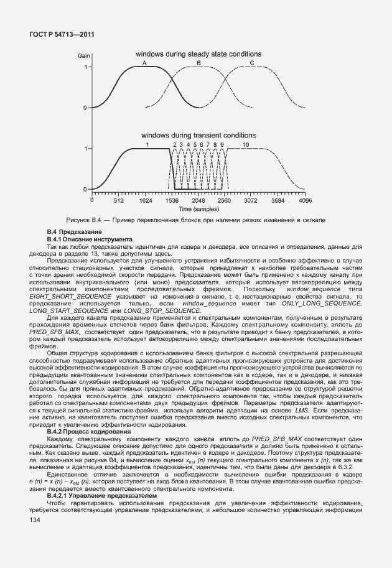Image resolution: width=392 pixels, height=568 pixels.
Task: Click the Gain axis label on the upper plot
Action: point(83,56)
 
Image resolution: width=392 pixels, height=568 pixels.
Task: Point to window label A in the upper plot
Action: point(144,63)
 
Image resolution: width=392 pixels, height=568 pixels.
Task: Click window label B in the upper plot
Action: point(198,63)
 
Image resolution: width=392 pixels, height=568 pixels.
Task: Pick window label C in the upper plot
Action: point(252,63)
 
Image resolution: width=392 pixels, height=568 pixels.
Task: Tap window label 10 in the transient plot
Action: point(246,144)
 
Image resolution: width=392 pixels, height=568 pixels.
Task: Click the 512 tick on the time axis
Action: point(119,201)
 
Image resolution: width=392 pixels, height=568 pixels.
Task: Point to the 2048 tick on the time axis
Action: point(198,201)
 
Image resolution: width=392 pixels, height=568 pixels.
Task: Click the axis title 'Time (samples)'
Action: point(198,209)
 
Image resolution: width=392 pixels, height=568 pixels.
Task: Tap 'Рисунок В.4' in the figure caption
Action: point(83,221)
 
